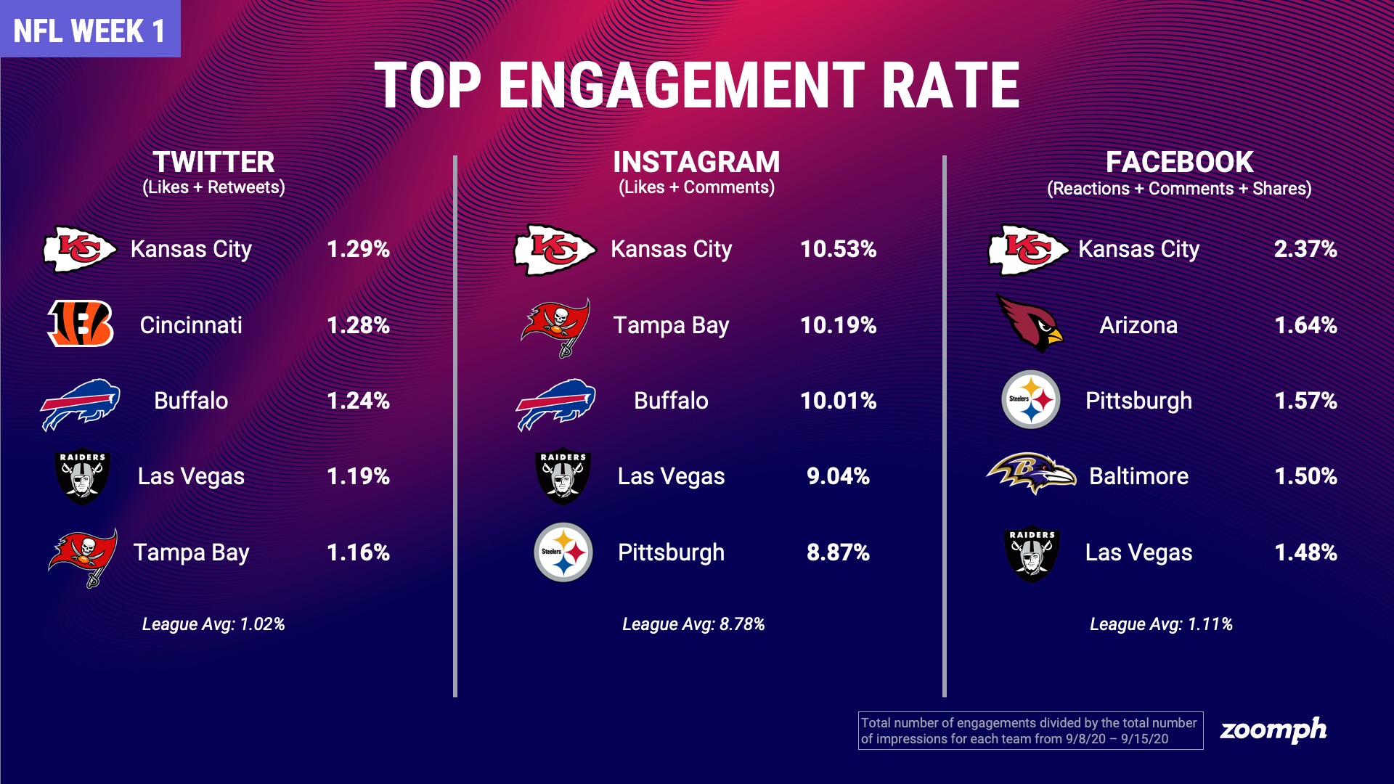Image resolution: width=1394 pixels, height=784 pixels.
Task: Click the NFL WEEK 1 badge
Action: click(89, 30)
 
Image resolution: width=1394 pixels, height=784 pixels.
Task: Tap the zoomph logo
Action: click(1273, 730)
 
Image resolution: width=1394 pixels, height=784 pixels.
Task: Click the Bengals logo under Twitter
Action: click(81, 324)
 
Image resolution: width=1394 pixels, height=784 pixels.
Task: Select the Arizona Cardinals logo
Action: click(1029, 324)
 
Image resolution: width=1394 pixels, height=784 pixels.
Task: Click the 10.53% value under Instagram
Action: click(838, 249)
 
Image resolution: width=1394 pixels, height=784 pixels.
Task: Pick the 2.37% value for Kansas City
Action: click(1305, 249)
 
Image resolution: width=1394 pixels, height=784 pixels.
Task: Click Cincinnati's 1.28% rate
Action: click(358, 325)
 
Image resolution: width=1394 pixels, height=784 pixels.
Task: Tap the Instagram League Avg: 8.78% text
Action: click(693, 624)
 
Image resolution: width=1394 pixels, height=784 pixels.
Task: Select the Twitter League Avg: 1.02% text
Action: click(213, 624)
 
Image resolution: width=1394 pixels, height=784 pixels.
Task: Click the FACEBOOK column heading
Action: click(1179, 161)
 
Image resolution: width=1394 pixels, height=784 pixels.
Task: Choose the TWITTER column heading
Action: click(213, 161)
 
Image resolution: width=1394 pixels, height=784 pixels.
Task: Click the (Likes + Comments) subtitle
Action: click(696, 187)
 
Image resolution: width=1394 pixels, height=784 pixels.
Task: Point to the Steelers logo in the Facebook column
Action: click(1030, 399)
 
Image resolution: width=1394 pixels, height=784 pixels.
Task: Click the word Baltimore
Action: click(1138, 476)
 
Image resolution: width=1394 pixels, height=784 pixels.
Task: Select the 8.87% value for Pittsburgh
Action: click(838, 552)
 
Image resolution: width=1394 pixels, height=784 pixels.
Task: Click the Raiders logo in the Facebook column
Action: click(1032, 554)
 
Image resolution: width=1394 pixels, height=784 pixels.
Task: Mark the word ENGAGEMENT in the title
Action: click(681, 86)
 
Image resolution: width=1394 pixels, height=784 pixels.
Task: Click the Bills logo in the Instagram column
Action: click(556, 404)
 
